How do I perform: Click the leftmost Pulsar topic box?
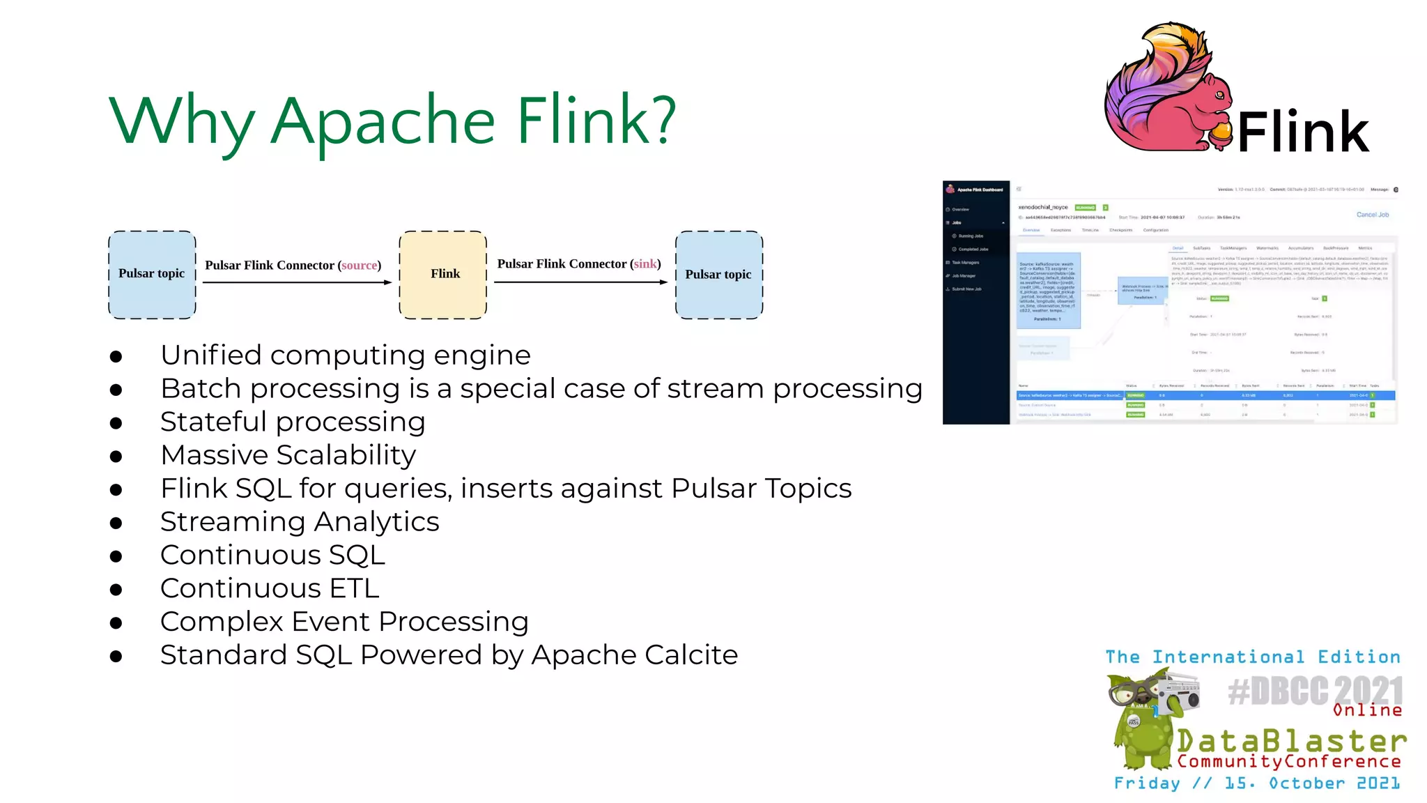tap(152, 275)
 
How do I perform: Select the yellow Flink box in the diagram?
tap(443, 275)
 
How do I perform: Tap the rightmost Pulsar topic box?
tap(718, 275)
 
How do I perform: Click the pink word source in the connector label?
tap(360, 266)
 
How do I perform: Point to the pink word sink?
tap(645, 264)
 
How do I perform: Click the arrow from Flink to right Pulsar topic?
tap(580, 282)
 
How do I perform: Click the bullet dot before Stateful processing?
tap(116, 423)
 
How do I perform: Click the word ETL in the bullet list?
tap(354, 589)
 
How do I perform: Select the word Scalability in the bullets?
tap(346, 456)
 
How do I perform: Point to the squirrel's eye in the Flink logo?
tap(1219, 94)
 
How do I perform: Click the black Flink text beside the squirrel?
tap(1302, 132)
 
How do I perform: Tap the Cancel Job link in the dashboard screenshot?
tap(1372, 215)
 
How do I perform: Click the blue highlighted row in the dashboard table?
tap(1205, 395)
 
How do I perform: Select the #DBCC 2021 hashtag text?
tap(1315, 691)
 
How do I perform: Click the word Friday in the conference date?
tap(1147, 783)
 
